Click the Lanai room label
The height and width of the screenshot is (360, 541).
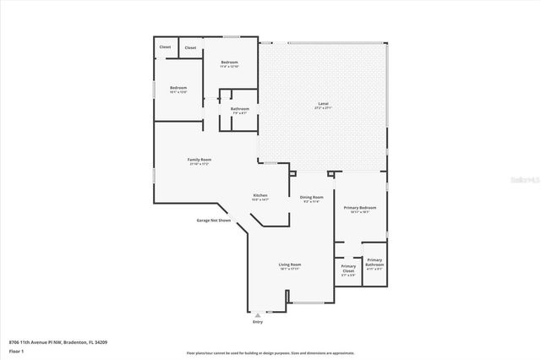click(323, 104)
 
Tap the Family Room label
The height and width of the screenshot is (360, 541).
click(199, 160)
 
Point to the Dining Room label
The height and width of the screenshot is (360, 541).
click(311, 197)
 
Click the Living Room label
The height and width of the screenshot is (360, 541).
click(290, 265)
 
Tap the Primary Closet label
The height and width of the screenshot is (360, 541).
click(348, 270)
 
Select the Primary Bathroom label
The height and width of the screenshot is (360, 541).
click(374, 263)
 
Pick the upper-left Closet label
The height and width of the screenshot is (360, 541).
click(165, 46)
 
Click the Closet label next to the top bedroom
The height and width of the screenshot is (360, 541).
click(190, 48)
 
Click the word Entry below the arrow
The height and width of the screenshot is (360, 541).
click(258, 322)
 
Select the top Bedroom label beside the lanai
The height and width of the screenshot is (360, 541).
click(229, 63)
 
